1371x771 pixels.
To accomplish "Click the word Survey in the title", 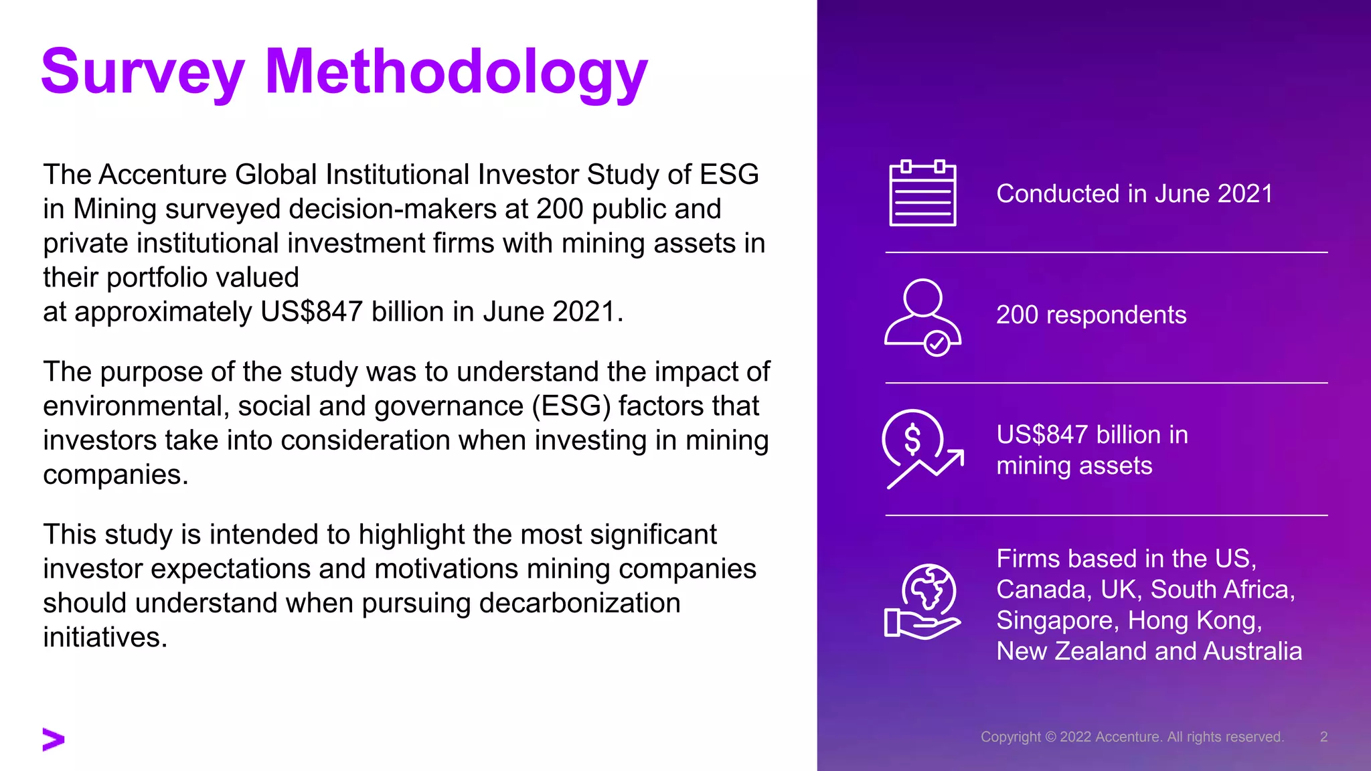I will (143, 72).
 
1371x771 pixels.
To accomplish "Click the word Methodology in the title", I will (457, 72).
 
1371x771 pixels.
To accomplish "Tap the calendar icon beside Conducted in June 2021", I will (922, 193).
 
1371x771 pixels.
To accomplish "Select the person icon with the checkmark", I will (922, 317).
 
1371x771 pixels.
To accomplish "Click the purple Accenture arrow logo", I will (54, 739).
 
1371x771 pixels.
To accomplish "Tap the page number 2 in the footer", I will (1323, 737).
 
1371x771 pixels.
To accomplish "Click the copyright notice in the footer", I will (1132, 737).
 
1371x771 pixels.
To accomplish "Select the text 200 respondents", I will (1091, 315).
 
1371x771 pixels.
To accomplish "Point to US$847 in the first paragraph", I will (311, 312).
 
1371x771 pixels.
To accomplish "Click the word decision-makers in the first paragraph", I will (392, 209).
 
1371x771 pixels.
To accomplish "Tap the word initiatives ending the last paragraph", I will (104, 637).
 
